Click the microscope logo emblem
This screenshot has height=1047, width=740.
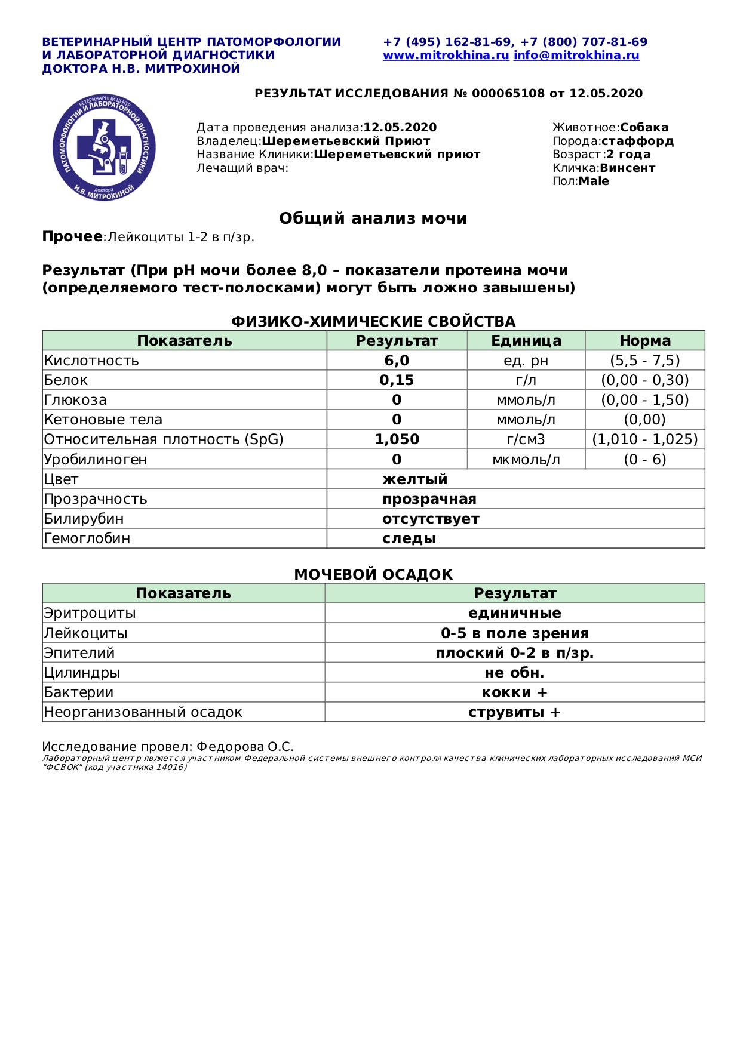point(105,147)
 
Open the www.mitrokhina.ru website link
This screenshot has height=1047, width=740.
point(446,56)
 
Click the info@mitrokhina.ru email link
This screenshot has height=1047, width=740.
point(576,56)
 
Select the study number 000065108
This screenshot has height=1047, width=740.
point(508,94)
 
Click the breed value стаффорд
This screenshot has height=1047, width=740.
point(637,141)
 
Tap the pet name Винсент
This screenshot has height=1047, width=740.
point(627,168)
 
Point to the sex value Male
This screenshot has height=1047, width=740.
point(594,181)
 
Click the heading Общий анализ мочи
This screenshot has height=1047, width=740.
point(373,218)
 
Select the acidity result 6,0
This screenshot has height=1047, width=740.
point(397,361)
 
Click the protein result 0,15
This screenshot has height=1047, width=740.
point(397,380)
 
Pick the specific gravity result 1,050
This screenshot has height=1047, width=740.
point(397,439)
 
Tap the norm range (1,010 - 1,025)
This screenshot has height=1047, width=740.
point(644,439)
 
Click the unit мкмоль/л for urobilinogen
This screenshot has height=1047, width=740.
point(526,460)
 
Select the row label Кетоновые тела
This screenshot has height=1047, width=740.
point(103,420)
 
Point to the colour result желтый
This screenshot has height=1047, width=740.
point(414,479)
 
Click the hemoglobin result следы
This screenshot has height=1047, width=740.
point(409,538)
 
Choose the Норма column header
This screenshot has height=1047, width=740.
point(644,341)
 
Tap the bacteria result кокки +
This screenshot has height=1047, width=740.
point(514,692)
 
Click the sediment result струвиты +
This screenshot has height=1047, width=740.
point(514,712)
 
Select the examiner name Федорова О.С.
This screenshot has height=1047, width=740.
point(245,747)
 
